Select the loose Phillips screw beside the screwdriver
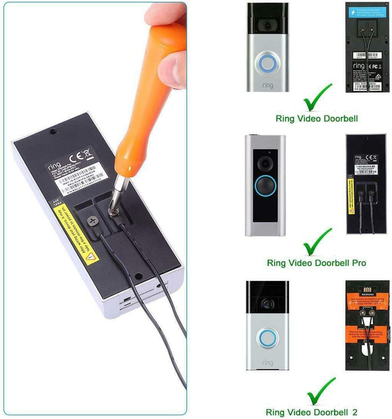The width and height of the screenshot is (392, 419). point(93,222)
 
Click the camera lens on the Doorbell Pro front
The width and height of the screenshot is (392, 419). point(264,163)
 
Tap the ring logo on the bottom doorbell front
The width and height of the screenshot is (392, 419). point(267,363)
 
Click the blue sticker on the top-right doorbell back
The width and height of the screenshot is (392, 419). point(368,12)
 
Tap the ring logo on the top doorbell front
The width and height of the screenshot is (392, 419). point(267,85)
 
